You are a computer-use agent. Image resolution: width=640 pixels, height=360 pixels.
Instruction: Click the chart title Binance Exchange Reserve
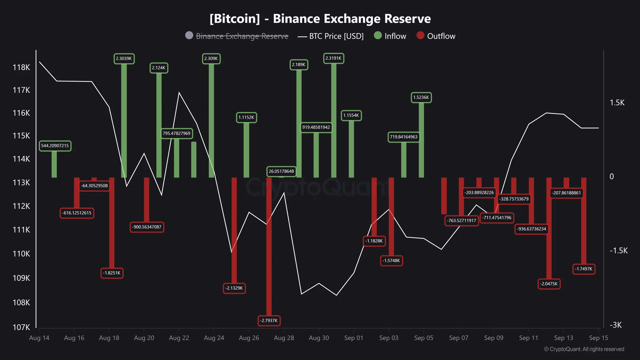[x=320, y=19]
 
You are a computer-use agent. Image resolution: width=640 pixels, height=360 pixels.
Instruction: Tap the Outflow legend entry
[x=436, y=36]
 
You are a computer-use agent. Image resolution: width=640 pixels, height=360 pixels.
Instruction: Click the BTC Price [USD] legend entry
[x=331, y=36]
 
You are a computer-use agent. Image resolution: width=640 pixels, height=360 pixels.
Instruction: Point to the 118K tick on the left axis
[x=21, y=67]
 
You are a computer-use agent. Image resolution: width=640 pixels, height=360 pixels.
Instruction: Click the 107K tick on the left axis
[x=21, y=327]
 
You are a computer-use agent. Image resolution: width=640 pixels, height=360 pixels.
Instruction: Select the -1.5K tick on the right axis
[x=618, y=250]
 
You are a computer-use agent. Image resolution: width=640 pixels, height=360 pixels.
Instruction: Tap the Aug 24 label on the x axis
[x=214, y=338]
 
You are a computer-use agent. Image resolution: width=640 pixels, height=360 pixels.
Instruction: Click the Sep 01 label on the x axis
[x=353, y=338]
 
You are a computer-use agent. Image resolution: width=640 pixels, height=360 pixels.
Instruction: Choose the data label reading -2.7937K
[x=269, y=320]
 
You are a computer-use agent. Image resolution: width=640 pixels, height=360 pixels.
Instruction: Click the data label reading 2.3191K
[x=333, y=58]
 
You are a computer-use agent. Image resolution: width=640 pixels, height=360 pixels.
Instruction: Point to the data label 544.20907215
[x=55, y=146]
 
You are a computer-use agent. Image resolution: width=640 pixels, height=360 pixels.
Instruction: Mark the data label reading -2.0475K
[x=549, y=284]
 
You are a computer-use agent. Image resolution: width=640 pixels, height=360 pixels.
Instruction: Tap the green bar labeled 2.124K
[x=159, y=125]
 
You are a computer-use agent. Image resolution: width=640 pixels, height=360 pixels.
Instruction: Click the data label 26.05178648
[x=281, y=171]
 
